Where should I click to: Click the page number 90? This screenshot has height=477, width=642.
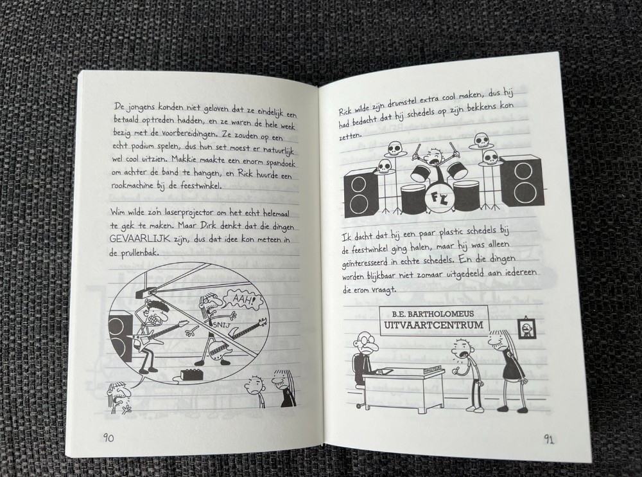click(x=108, y=438)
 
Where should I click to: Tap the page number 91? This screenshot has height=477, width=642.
click(x=549, y=440)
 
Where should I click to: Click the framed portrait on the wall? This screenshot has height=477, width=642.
click(x=526, y=328)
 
